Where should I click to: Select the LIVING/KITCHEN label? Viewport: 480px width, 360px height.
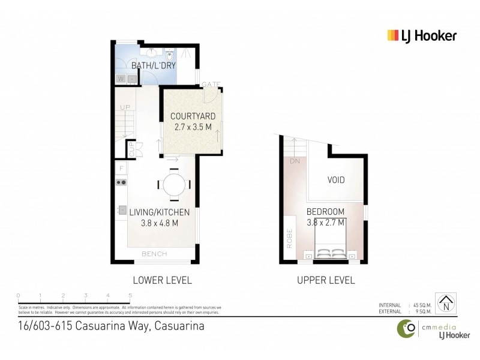(160, 212)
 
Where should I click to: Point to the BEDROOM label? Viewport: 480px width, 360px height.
(325, 212)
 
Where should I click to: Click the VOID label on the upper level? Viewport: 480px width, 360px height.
(336, 179)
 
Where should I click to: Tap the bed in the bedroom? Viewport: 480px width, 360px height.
(332, 247)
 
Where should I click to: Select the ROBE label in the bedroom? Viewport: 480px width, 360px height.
(289, 238)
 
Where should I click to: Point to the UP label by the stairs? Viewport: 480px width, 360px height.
(125, 107)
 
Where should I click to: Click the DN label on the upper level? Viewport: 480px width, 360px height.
(294, 161)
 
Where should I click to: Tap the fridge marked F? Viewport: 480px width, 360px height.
(121, 169)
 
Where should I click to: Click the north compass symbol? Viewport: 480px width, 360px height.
(445, 304)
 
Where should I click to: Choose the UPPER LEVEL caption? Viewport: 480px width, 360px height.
(326, 280)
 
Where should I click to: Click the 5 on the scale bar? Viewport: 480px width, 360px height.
(130, 295)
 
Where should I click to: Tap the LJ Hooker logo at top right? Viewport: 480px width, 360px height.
(422, 35)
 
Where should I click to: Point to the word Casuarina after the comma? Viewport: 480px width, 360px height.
(179, 327)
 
